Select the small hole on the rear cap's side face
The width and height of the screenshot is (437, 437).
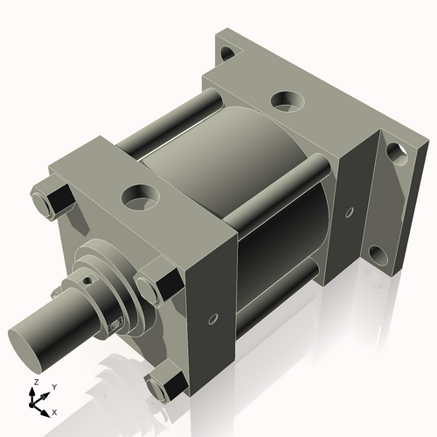coord(350,212)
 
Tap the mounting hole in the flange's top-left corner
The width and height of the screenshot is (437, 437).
coord(228,55)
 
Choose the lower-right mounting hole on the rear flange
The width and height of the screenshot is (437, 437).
coord(378,255)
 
